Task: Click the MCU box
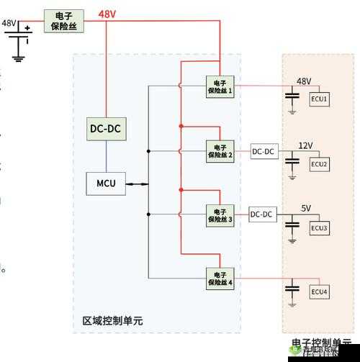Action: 106,184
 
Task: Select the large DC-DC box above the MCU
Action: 106,130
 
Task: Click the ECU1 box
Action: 319,100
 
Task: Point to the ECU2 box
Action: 319,164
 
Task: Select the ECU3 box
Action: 319,228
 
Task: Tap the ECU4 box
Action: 319,291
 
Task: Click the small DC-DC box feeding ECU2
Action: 264,151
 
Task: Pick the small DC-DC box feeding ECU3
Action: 262,214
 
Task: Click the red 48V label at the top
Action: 107,14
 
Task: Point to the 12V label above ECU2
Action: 305,145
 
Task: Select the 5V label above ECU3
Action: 306,208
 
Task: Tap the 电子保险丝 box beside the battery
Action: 63,19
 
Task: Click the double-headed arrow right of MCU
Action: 138,184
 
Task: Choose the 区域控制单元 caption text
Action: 112,321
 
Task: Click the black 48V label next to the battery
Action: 9,23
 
